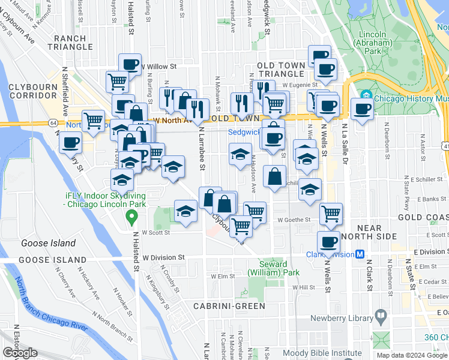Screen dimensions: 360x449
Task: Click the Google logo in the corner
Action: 20,353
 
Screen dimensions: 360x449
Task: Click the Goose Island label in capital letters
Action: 52,260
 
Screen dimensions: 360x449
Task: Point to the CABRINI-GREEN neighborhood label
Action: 229,306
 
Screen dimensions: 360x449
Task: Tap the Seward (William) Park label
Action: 279,268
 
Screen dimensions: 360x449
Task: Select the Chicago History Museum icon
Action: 367,95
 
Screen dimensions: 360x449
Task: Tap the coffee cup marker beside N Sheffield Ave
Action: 71,142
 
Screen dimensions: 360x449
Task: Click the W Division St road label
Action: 164,257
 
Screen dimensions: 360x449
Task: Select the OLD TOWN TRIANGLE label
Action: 282,65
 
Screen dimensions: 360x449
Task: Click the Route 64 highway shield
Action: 54,122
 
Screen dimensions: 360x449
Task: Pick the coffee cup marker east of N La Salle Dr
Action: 362,109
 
